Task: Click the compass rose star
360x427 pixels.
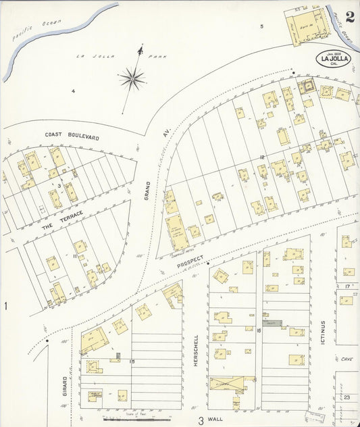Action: point(132,79)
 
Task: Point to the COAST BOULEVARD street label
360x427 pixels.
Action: point(72,136)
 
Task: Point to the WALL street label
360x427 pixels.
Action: point(215,419)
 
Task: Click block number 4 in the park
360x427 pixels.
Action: point(73,91)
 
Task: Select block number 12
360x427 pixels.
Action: point(260,157)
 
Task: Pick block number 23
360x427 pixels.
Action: point(346,398)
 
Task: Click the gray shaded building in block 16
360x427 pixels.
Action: point(273,324)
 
